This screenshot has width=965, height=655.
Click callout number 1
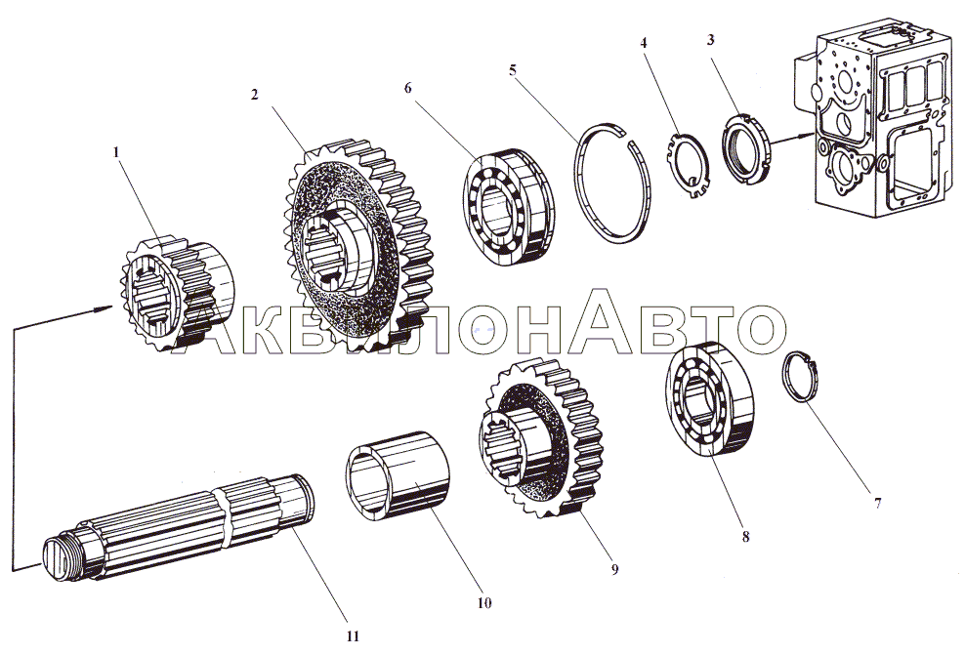[117, 152]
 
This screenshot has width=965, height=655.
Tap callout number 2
[254, 95]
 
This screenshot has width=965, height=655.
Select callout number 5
[513, 69]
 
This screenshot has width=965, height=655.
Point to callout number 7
[878, 503]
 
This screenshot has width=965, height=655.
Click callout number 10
[484, 602]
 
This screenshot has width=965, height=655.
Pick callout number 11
[352, 636]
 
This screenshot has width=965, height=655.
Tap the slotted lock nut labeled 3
[746, 146]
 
